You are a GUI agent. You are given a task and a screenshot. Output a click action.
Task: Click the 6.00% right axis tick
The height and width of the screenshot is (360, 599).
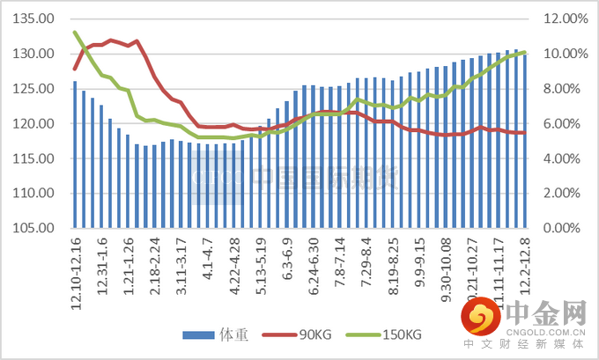[x=558, y=123]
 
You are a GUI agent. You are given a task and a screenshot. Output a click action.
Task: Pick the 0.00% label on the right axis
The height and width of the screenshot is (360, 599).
[x=558, y=228]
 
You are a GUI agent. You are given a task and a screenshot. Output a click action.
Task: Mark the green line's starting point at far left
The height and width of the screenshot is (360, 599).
[x=75, y=33]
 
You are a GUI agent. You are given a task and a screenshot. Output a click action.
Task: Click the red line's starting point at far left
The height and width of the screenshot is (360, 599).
[x=75, y=69]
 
